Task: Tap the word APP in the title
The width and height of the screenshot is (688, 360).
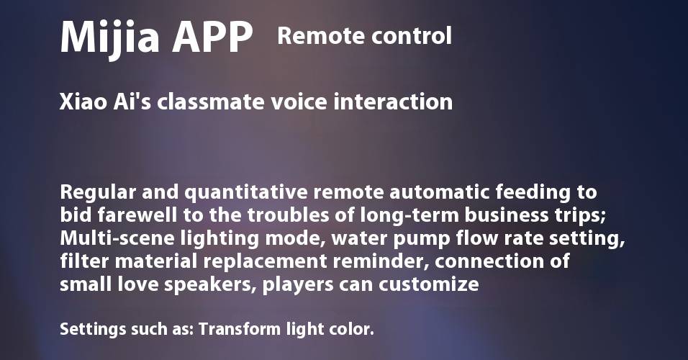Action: [212, 37]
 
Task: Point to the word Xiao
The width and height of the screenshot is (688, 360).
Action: [83, 102]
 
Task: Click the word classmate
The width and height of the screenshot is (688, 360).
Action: [211, 102]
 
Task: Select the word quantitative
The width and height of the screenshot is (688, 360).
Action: [246, 193]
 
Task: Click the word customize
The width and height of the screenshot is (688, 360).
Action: [429, 284]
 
